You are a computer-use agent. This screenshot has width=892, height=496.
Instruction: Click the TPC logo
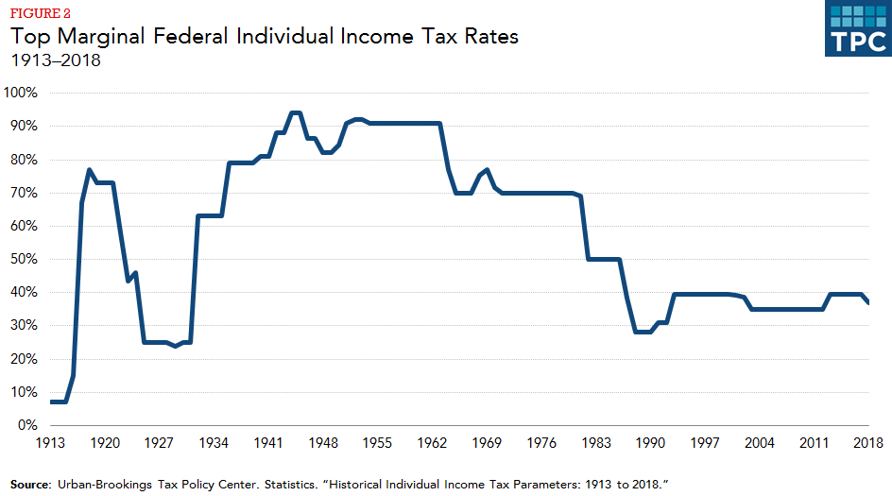coord(858,29)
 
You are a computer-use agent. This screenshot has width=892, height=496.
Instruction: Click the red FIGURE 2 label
coord(40,15)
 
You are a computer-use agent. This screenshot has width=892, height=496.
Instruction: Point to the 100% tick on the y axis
coord(20,93)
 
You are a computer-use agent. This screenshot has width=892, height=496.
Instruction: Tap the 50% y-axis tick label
coord(23,259)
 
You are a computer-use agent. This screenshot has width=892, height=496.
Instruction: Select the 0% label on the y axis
coord(26,425)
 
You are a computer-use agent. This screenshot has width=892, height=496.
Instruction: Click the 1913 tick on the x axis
coord(50,443)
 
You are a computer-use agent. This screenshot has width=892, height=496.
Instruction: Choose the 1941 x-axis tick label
coord(270,443)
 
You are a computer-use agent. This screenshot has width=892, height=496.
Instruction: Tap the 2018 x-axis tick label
coord(868,443)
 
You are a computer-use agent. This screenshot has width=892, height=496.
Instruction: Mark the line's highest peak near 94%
coord(295,112)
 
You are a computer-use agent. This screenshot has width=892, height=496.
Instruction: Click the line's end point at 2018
coord(868,302)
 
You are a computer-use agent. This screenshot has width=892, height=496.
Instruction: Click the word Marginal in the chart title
coord(97,38)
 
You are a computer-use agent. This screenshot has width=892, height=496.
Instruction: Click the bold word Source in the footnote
coord(30,484)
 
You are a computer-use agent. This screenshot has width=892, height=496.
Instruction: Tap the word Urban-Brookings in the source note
coord(104,484)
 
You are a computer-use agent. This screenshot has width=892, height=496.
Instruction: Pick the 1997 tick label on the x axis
coord(704,443)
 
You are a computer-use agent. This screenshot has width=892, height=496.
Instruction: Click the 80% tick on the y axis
coord(23,159)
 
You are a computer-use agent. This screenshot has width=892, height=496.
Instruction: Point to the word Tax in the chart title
coord(443,38)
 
